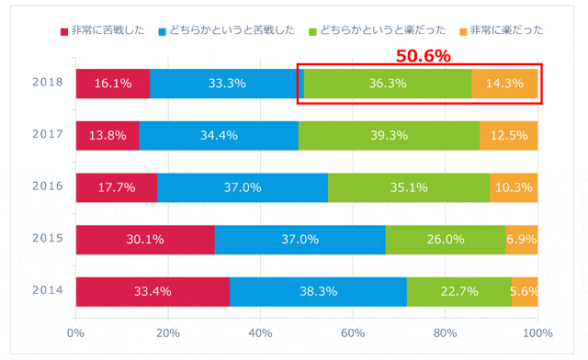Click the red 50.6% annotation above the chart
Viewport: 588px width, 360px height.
pyautogui.click(x=424, y=56)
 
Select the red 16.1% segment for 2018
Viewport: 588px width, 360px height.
pyautogui.click(x=113, y=84)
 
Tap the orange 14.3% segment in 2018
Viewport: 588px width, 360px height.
pyautogui.click(x=504, y=84)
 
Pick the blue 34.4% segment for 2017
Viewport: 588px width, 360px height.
pyautogui.click(x=219, y=135)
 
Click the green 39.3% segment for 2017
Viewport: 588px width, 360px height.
pyautogui.click(x=389, y=135)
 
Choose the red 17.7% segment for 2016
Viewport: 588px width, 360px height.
pyautogui.click(x=117, y=187)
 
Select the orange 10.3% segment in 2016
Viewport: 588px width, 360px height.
pyautogui.click(x=514, y=187)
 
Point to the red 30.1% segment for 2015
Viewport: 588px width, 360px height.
pyautogui.click(x=145, y=240)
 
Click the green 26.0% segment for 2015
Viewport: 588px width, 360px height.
pyautogui.click(x=446, y=240)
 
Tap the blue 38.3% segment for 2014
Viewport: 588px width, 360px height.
pyautogui.click(x=319, y=292)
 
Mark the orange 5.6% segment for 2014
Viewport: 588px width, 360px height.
pyautogui.click(x=525, y=292)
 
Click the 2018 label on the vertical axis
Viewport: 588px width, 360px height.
pyautogui.click(x=48, y=82)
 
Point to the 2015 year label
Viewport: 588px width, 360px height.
pyautogui.click(x=48, y=238)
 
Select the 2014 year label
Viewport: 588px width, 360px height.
pyautogui.click(x=48, y=290)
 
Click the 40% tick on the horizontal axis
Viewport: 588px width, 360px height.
pyautogui.click(x=260, y=333)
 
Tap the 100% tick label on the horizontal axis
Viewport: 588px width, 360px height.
pyautogui.click(x=537, y=333)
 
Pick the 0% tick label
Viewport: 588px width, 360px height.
pyautogui.click(x=75, y=333)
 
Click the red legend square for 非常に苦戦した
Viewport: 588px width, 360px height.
pyautogui.click(x=64, y=32)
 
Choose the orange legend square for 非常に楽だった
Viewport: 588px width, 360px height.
pyautogui.click(x=463, y=32)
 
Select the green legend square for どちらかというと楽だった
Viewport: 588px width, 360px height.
pyautogui.click(x=312, y=32)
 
